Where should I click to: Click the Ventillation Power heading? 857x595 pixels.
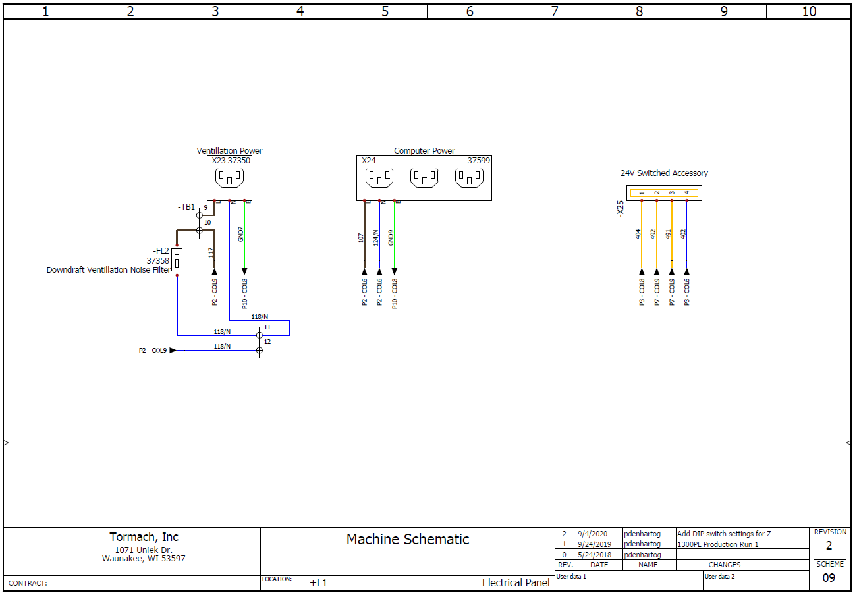click(x=229, y=151)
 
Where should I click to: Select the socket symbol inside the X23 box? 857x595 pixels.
click(x=229, y=178)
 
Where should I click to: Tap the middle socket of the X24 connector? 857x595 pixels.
click(x=424, y=178)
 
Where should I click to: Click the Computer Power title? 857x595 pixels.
click(x=424, y=151)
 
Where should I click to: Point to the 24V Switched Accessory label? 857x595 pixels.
click(x=664, y=173)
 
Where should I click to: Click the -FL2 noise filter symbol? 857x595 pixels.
click(x=177, y=260)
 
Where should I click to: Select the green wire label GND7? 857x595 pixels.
click(x=241, y=234)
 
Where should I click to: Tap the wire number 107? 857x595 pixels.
click(x=361, y=237)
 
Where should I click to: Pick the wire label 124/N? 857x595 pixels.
click(x=376, y=237)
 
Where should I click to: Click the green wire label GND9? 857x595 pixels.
click(x=391, y=237)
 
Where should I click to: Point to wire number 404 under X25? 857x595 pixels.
click(x=638, y=234)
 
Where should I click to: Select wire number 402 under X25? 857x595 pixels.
click(x=683, y=234)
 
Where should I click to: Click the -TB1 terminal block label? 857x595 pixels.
click(x=186, y=207)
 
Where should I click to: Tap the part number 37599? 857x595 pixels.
click(x=479, y=160)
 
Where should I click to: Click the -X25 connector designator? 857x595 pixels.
click(x=619, y=209)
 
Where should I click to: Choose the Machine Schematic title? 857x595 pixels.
click(x=408, y=539)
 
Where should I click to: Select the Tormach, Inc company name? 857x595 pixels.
click(x=144, y=537)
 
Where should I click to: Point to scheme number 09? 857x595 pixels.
click(x=829, y=578)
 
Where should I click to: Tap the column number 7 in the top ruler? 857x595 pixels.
click(x=554, y=11)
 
